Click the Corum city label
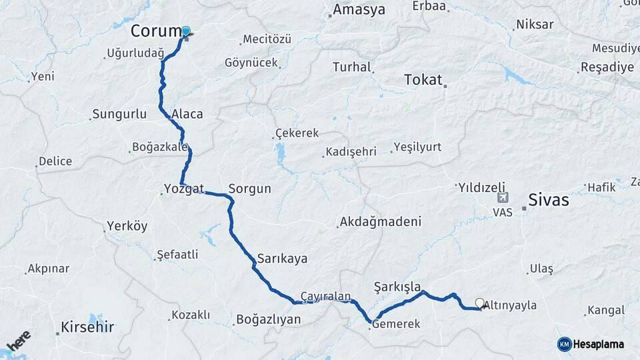tap(155, 31)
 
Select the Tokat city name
tap(423, 80)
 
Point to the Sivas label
tap(548, 199)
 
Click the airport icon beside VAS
tap(501, 198)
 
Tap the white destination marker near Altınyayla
tap(479, 304)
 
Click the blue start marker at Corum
tap(186, 31)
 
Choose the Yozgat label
tap(184, 189)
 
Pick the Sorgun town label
tap(249, 189)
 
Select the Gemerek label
tap(396, 324)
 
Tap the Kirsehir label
tap(87, 327)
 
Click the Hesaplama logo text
tap(598, 344)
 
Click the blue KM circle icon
tap(564, 344)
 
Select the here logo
tap(19, 340)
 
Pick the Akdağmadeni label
tap(380, 221)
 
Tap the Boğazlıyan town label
tap(268, 320)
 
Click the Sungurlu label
tap(119, 114)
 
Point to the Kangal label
tap(605, 311)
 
